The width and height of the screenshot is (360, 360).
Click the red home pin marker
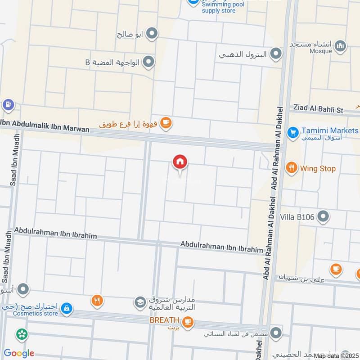180,162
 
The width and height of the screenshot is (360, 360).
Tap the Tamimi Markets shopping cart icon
293,133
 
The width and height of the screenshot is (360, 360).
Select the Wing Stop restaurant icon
292,168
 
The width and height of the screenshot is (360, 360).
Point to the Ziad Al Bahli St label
318,109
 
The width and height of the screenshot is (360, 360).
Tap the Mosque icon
341,45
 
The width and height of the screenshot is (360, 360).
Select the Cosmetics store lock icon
66,308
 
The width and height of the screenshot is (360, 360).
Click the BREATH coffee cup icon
188,321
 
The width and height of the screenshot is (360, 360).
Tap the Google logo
18,353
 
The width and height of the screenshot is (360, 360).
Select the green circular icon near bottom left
21,334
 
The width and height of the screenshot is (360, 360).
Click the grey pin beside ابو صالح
153,33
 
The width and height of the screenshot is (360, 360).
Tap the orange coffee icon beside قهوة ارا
166,122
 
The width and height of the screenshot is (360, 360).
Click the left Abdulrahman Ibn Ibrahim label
55,233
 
